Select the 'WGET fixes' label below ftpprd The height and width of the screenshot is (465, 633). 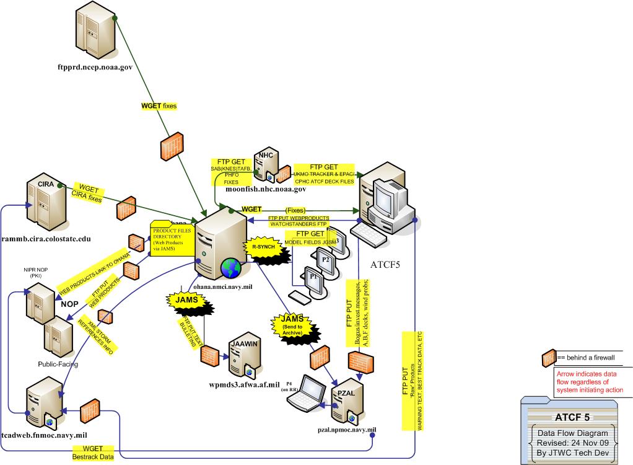pyautogui.click(x=159, y=106)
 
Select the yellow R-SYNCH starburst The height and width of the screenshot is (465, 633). pyautogui.click(x=261, y=246)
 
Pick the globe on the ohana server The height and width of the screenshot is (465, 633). pyautogui.click(x=232, y=268)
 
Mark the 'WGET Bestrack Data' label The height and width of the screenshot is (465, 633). pyautogui.click(x=90, y=452)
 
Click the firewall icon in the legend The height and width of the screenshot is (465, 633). pyautogui.click(x=548, y=358)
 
